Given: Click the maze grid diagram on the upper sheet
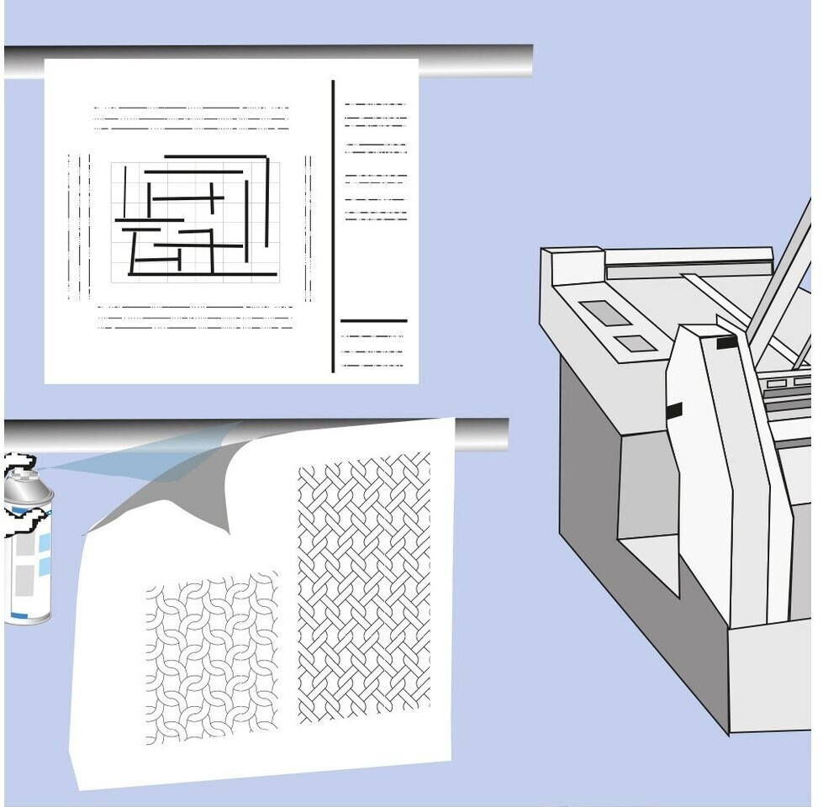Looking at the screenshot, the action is coord(196,221).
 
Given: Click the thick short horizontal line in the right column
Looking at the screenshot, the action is coord(373,320).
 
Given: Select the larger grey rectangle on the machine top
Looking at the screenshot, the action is coord(605,313).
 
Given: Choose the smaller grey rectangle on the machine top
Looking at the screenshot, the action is coord(636,343).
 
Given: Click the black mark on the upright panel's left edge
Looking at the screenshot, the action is coord(673,411).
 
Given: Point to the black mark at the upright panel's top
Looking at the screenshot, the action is coord(726,342).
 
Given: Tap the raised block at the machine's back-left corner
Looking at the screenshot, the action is coord(573,265).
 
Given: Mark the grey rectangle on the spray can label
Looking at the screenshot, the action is coord(24,580).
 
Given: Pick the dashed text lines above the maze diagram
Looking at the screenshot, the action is coord(191,118).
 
